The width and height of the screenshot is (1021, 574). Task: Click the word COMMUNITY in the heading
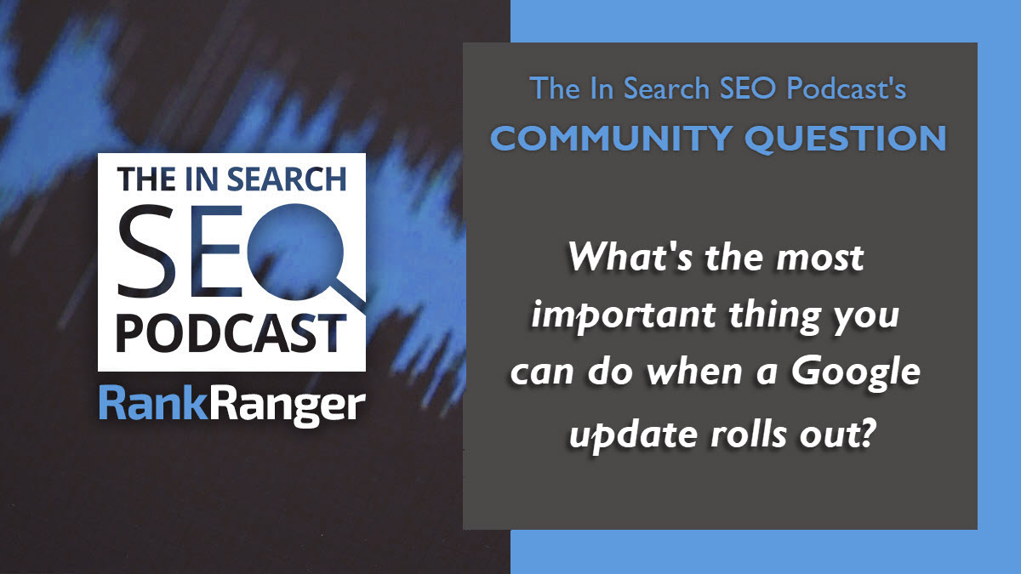(x=611, y=138)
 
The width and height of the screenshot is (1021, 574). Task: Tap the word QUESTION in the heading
(x=846, y=139)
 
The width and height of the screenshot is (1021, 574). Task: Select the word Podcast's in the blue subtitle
(x=847, y=88)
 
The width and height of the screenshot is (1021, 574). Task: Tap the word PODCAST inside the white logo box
(x=231, y=334)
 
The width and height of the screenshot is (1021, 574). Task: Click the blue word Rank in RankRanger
(x=154, y=404)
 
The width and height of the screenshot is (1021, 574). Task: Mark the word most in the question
(x=820, y=259)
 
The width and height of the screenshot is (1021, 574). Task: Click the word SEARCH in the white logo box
(x=287, y=179)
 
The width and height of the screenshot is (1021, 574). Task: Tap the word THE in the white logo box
(x=145, y=179)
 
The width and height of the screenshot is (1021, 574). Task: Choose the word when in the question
(x=696, y=372)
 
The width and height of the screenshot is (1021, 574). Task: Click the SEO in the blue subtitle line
(x=748, y=88)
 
